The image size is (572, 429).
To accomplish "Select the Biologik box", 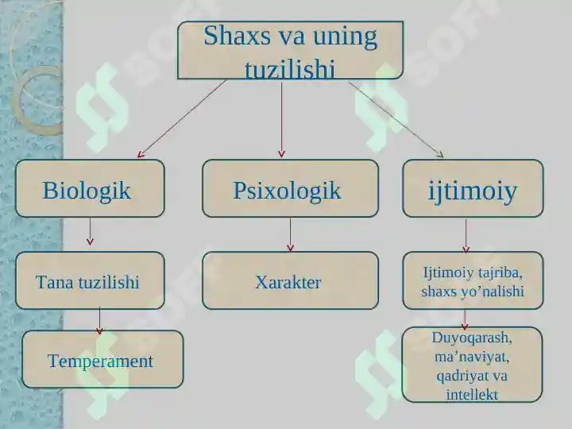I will pos(90,189).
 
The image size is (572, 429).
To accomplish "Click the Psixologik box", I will pos(289,189).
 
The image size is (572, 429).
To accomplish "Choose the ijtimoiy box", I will pos(473,189).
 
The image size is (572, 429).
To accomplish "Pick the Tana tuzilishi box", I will pos(90,281).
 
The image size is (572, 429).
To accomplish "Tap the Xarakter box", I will pos(289,281).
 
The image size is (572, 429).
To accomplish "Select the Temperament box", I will pos(102,361).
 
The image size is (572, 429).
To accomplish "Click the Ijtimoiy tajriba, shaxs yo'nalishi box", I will pos(473,281).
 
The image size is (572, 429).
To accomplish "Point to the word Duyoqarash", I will pos(472,337).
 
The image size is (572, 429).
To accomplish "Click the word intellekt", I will pos(472,393).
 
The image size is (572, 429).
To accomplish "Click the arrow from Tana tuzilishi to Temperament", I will pos(99,319).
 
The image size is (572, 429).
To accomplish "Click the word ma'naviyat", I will pos(472,356).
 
